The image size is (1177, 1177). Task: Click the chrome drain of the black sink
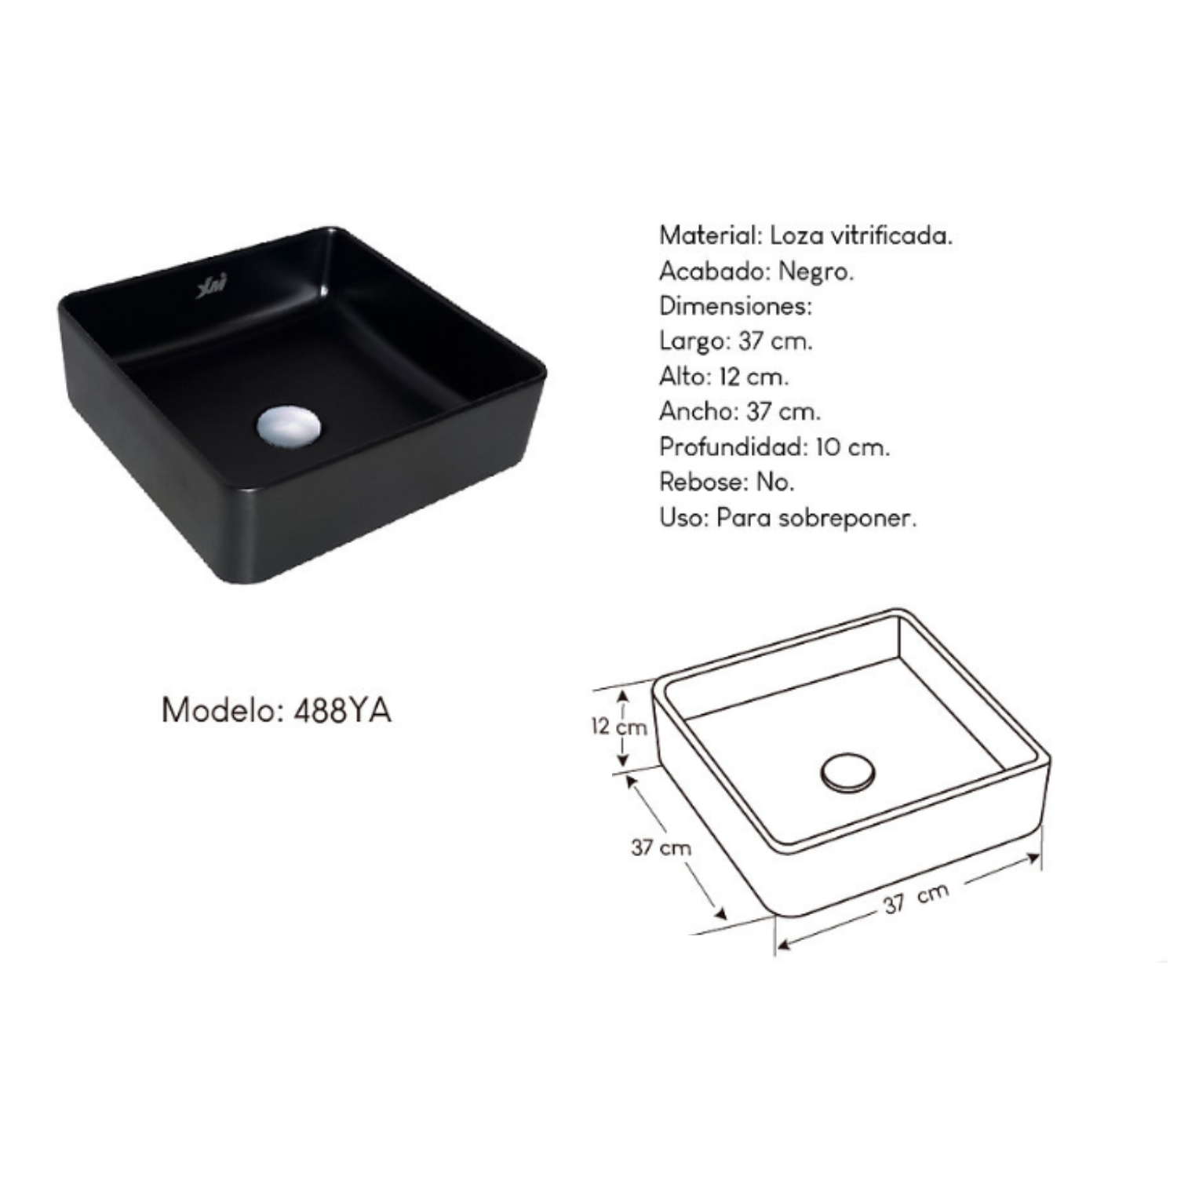point(289,427)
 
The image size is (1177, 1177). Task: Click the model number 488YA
point(342,711)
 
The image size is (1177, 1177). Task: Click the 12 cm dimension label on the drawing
point(619,727)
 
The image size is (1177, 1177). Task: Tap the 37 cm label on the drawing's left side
point(661,847)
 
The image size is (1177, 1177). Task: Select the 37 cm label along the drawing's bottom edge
point(916,898)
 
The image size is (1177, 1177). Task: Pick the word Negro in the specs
point(816,272)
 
